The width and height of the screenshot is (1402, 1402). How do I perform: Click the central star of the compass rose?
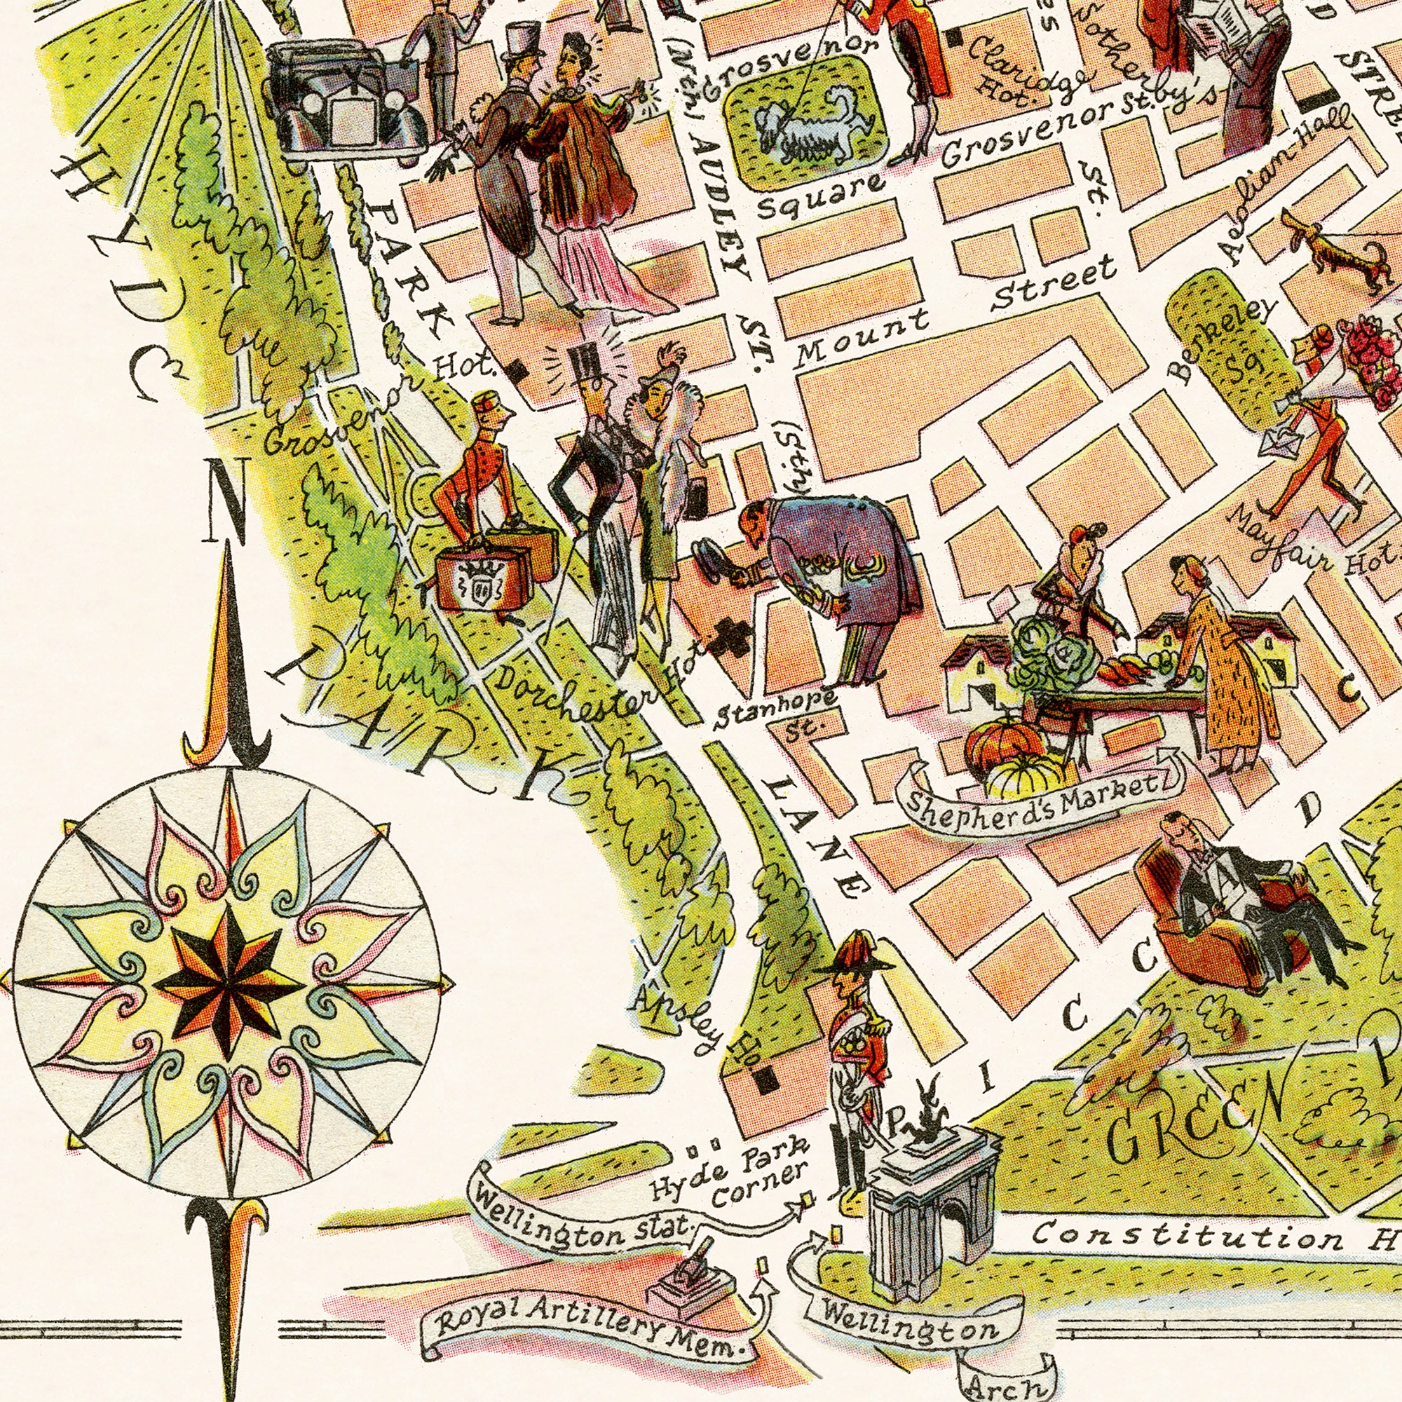(x=228, y=984)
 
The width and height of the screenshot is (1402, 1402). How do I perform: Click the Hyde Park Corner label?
(x=733, y=1176)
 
